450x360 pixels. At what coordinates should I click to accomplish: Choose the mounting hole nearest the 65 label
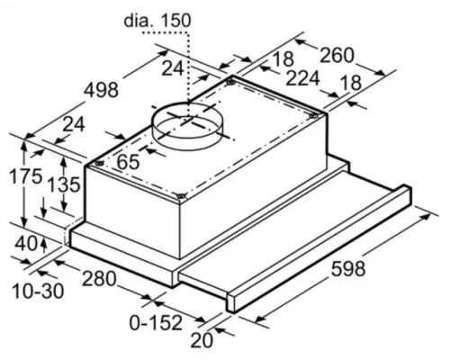(x=94, y=165)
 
